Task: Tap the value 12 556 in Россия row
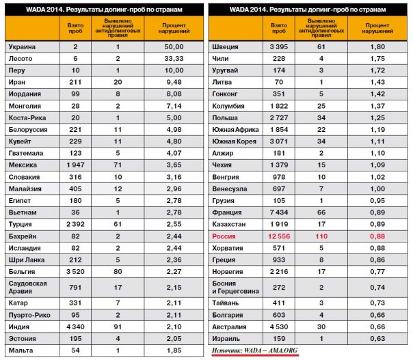click(x=278, y=237)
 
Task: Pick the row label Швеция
click(x=228, y=46)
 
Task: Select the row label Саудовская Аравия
click(x=27, y=288)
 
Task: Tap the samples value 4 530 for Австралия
click(x=278, y=327)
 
